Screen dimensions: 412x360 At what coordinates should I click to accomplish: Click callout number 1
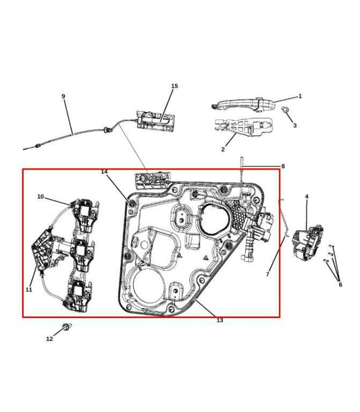[x=300, y=96]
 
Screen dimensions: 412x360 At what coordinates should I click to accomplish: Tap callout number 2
[x=223, y=149]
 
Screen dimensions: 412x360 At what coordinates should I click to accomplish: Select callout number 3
[x=294, y=126]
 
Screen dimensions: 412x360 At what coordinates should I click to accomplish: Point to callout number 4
[x=307, y=197]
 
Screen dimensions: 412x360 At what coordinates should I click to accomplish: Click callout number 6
[x=340, y=284]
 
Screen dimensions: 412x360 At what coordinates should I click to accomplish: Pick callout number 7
[x=267, y=274]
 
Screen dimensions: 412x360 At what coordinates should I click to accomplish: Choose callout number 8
[x=282, y=165]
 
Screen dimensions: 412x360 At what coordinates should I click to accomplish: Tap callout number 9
[x=63, y=97]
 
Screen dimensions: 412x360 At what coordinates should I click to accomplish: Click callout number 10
[x=41, y=197]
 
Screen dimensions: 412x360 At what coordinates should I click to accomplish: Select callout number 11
[x=29, y=289]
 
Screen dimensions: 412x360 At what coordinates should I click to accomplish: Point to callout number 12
[x=49, y=338]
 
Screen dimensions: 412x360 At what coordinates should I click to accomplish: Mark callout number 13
[x=220, y=320]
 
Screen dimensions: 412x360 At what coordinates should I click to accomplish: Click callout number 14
[x=104, y=172]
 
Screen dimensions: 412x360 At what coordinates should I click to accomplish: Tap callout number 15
[x=174, y=86]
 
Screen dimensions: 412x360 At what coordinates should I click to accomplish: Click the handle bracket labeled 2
[x=243, y=128]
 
